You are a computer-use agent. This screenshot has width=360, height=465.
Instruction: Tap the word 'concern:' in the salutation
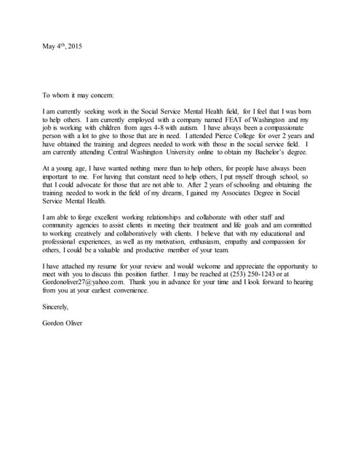(x=101, y=95)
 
